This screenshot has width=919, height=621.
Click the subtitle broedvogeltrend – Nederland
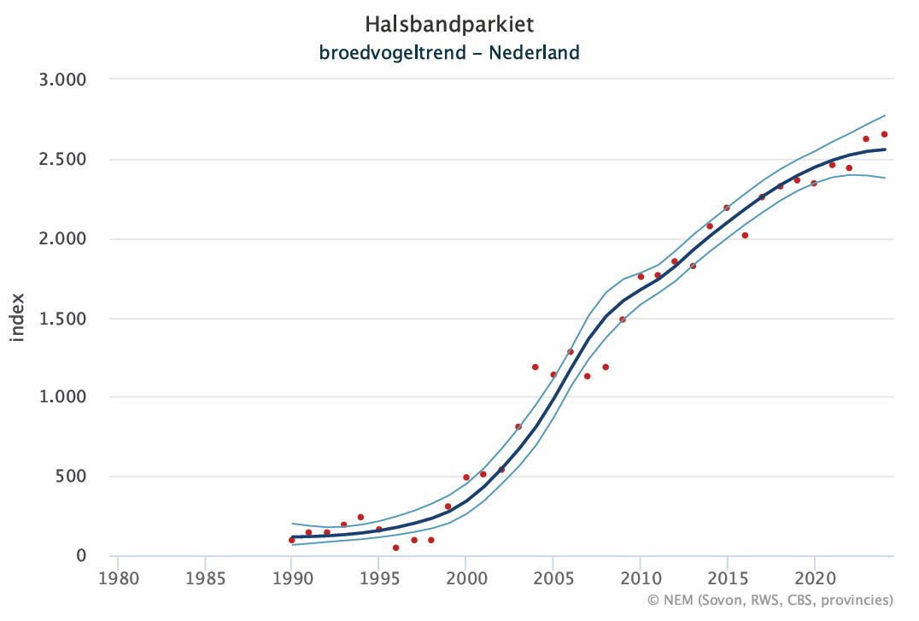pyautogui.click(x=449, y=53)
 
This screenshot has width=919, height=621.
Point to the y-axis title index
pyautogui.click(x=18, y=318)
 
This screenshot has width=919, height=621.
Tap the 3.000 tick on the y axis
pyautogui.click(x=64, y=79)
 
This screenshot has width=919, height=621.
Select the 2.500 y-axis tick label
pyautogui.click(x=64, y=160)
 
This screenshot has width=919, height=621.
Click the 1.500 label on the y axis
pyautogui.click(x=64, y=319)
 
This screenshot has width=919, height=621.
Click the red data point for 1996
pyautogui.click(x=395, y=548)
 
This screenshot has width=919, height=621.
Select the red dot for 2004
pyautogui.click(x=536, y=367)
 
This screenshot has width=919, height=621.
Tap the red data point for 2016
pyautogui.click(x=745, y=236)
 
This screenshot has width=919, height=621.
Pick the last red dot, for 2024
pyautogui.click(x=884, y=134)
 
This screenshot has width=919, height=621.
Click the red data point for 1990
pyautogui.click(x=291, y=540)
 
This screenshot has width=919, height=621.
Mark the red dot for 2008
pyautogui.click(x=606, y=367)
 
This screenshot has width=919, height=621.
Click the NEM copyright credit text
pyautogui.click(x=770, y=600)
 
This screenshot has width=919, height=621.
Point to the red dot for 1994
pyautogui.click(x=360, y=517)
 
